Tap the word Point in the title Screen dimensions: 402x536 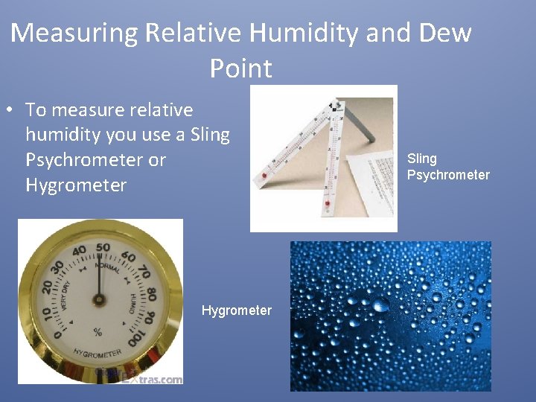coord(240,68)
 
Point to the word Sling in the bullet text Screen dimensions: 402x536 coord(210,135)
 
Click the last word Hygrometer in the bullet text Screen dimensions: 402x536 coord(76,185)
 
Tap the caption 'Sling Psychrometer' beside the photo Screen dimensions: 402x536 coord(447,167)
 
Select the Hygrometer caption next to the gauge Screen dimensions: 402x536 coord(236,310)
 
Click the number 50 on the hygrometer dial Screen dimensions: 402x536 coord(103,248)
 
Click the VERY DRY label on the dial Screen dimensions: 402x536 coord(66,296)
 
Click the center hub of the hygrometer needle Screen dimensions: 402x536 coord(98,300)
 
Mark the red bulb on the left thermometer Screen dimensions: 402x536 coord(264,176)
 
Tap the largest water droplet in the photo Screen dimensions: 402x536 coord(380,304)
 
